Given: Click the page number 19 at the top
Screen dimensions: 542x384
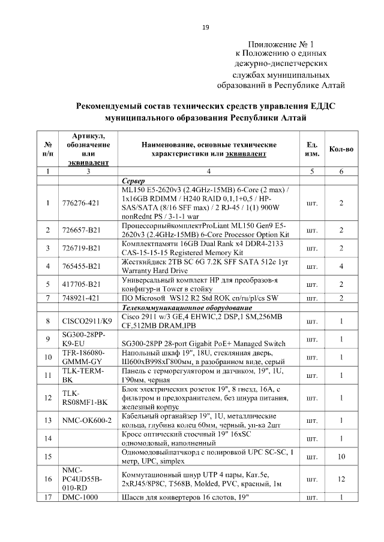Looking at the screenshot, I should pyautogui.click(x=205, y=28).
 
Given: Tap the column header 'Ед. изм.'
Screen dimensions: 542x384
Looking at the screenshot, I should pyautogui.click(x=311, y=149).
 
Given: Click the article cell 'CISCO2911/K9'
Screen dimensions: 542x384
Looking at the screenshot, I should pyautogui.click(x=84, y=322).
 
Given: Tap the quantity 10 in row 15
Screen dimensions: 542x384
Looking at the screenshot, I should pyautogui.click(x=341, y=456).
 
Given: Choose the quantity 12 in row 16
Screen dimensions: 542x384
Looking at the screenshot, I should pyautogui.click(x=341, y=479).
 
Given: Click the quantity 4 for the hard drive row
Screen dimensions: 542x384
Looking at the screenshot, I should pyautogui.click(x=341, y=265).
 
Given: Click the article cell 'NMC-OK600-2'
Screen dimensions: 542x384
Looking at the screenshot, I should pyautogui.click(x=87, y=420).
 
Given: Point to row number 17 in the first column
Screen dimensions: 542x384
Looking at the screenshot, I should pyautogui.click(x=47, y=497).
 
